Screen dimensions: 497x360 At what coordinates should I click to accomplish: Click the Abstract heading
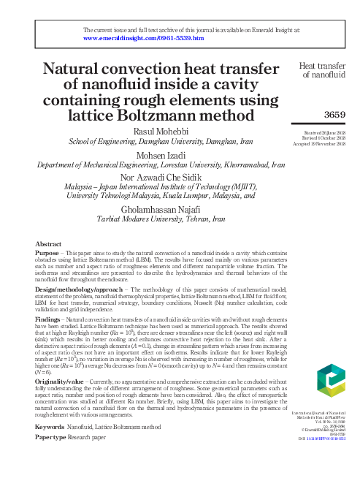coord(48,243)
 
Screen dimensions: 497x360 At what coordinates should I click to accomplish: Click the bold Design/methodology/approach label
coord(78,289)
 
